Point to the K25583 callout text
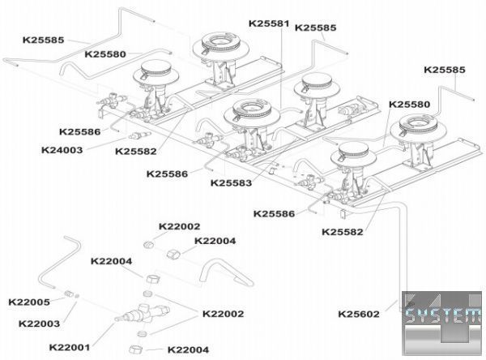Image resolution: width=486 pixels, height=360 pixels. [232, 182]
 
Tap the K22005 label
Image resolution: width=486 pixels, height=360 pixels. [29, 302]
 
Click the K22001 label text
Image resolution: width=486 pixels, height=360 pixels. [70, 347]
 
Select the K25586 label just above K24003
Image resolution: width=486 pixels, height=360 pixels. [79, 131]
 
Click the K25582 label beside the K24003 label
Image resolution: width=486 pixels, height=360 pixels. [137, 150]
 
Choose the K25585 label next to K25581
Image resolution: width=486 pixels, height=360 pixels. [316, 27]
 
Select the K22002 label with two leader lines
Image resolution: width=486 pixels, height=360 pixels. [223, 313]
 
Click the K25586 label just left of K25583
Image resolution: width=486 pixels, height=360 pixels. [168, 174]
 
